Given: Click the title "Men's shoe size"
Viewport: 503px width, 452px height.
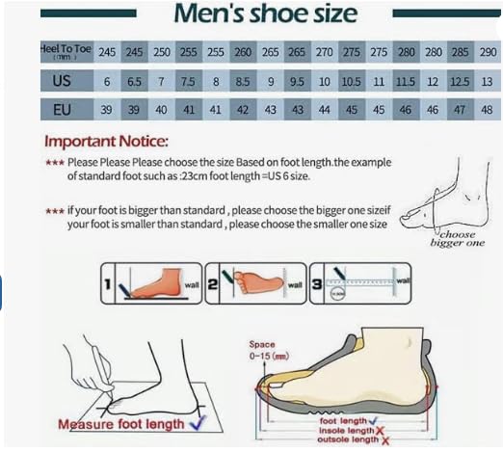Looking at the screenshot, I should (x=265, y=14).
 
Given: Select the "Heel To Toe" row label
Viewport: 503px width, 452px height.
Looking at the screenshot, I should (x=64, y=50).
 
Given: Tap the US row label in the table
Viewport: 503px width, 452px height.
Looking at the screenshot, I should (x=64, y=81).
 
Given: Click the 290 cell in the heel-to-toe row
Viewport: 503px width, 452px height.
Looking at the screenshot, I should (x=487, y=50).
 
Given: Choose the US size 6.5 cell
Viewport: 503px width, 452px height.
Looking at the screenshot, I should (x=133, y=81).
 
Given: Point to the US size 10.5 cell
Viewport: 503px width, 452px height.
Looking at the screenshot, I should (x=352, y=81).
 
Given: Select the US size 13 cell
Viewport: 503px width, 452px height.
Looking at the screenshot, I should (x=487, y=81).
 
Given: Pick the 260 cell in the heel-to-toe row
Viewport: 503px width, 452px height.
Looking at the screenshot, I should (x=242, y=50).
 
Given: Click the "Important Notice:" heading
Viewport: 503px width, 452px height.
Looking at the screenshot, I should (x=107, y=141).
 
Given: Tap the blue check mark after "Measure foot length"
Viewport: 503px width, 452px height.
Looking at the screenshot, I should (x=198, y=421).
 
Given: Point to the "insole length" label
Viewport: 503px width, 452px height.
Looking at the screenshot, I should (x=345, y=430).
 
